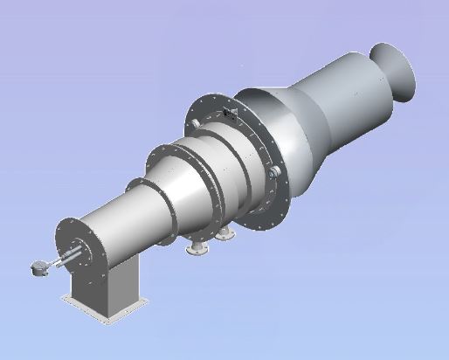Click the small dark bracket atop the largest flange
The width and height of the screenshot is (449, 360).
230,114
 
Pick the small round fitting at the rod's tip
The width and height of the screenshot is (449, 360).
36,270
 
